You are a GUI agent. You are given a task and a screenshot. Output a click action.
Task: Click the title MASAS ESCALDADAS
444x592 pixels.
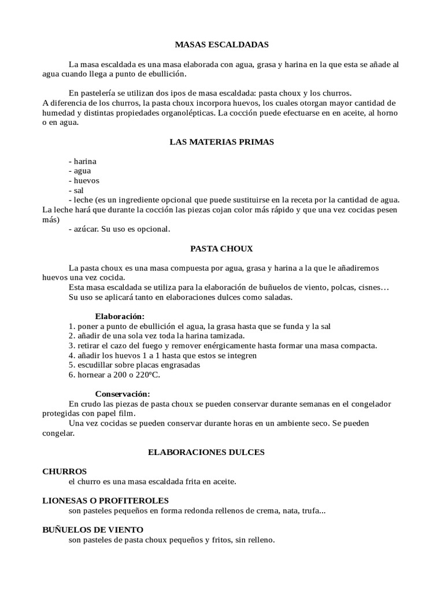221,45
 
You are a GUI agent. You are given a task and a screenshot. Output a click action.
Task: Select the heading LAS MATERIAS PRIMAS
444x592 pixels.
221,142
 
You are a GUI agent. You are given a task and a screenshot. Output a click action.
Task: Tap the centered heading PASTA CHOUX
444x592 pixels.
221,249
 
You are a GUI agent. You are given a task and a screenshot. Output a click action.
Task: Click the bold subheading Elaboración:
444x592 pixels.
120,316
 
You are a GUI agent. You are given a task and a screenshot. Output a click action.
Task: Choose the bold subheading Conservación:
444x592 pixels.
122,394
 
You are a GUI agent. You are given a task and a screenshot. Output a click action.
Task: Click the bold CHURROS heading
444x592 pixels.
65,471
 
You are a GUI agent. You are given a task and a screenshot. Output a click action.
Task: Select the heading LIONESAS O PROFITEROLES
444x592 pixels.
106,501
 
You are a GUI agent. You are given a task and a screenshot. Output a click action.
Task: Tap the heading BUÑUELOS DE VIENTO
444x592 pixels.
93,530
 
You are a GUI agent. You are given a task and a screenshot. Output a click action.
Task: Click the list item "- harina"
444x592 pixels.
82,161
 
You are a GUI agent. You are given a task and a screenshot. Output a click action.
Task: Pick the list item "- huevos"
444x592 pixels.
84,180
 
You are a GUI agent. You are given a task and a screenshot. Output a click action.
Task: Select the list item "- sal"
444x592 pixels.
76,190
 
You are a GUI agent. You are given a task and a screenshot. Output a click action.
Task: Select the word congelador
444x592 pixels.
369,404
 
